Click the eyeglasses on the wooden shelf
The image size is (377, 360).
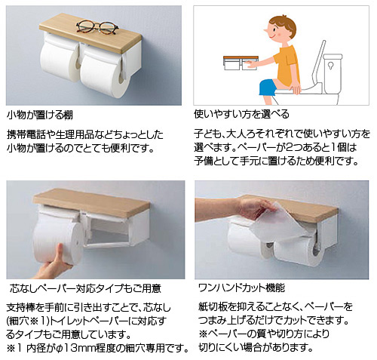97,26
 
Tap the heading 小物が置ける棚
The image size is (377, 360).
40,115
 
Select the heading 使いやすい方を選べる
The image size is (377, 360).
241,115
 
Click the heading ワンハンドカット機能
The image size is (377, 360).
241,288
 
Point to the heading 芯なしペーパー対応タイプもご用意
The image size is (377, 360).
85,288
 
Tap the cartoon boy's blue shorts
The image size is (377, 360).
268,88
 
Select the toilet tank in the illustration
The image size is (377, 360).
332,74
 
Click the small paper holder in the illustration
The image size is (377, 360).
241,63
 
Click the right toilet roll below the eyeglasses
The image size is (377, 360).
105,75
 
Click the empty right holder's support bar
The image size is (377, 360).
108,245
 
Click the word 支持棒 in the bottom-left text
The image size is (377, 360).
21,308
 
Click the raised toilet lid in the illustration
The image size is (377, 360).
317,65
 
